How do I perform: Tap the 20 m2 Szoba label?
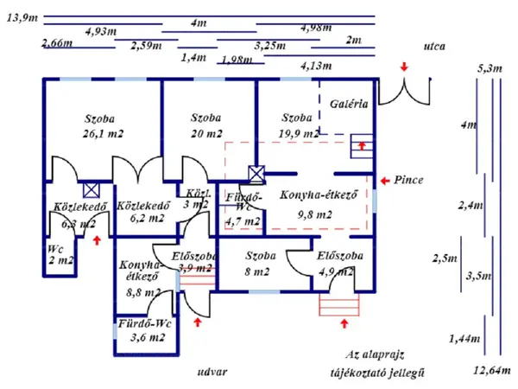point(206,125)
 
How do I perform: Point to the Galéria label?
point(350,103)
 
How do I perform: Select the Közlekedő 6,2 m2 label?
point(141,212)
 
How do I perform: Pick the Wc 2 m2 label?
point(60,253)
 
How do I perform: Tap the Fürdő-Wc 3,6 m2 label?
point(145,330)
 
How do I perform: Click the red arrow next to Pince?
point(384,181)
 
